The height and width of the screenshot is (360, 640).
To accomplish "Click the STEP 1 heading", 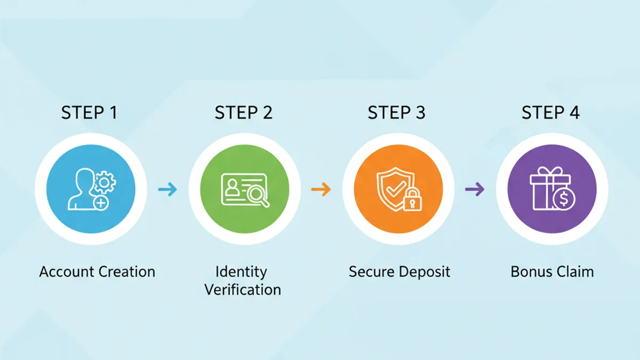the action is [x=89, y=113].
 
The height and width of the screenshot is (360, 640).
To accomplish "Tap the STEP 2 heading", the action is [x=243, y=113].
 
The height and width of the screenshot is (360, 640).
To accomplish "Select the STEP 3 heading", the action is [x=397, y=113].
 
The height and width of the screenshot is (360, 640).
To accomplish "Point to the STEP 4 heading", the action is [x=550, y=113].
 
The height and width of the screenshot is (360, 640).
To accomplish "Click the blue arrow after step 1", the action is [x=167, y=189].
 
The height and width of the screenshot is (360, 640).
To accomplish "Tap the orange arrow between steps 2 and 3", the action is [x=321, y=189].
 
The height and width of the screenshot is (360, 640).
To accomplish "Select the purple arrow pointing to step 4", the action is [x=475, y=189].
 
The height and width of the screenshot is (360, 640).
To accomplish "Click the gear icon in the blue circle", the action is [x=105, y=182].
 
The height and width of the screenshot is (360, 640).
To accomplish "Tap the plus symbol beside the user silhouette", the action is [x=101, y=203].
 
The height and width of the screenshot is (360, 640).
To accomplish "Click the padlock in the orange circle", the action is [x=412, y=200].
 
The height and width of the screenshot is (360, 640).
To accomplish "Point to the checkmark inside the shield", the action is [x=396, y=189].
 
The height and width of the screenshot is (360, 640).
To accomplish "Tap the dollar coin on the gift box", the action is [x=564, y=199].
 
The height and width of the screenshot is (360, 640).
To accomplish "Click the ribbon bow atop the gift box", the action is [x=550, y=171].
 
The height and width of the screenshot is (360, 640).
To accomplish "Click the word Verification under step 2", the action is [x=243, y=290].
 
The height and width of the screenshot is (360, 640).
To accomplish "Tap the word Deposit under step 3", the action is [x=425, y=272].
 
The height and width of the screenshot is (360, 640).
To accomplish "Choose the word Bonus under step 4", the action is [x=529, y=271].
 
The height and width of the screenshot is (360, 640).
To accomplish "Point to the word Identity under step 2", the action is [x=242, y=272].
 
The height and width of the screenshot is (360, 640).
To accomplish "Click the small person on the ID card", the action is [x=233, y=187].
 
